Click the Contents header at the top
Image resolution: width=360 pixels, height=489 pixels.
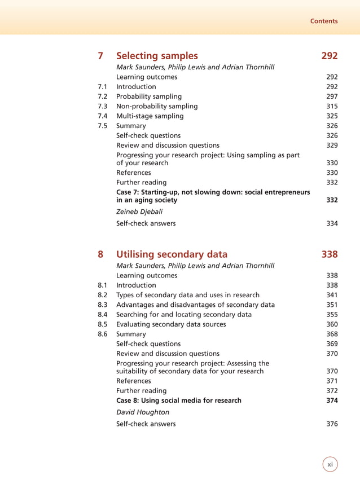pos(324,21)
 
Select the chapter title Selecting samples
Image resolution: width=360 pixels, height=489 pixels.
pos(157,55)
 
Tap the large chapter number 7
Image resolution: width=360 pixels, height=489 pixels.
pos(100,55)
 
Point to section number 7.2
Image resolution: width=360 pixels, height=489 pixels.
pos(102,96)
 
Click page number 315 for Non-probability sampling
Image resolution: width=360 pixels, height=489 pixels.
pos(332,106)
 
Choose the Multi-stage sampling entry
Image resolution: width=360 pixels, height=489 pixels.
pos(150,116)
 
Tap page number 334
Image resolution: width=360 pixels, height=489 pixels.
pos(332,223)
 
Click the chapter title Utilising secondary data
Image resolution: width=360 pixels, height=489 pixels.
pos(172,254)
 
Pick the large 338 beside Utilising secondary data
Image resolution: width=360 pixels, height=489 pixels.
pos(330,254)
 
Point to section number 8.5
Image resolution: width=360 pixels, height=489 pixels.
pos(102,324)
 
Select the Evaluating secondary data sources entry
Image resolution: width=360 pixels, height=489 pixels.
pos(171,324)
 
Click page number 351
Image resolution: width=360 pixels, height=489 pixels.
pos(332,305)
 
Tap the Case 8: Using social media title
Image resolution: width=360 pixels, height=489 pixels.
pos(178,400)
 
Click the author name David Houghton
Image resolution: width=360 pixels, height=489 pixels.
pos(142,412)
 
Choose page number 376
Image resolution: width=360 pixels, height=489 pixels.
pos(332,424)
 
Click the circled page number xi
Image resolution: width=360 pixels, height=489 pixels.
pos(330,464)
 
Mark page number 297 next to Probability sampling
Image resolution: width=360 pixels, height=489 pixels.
pos(332,96)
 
